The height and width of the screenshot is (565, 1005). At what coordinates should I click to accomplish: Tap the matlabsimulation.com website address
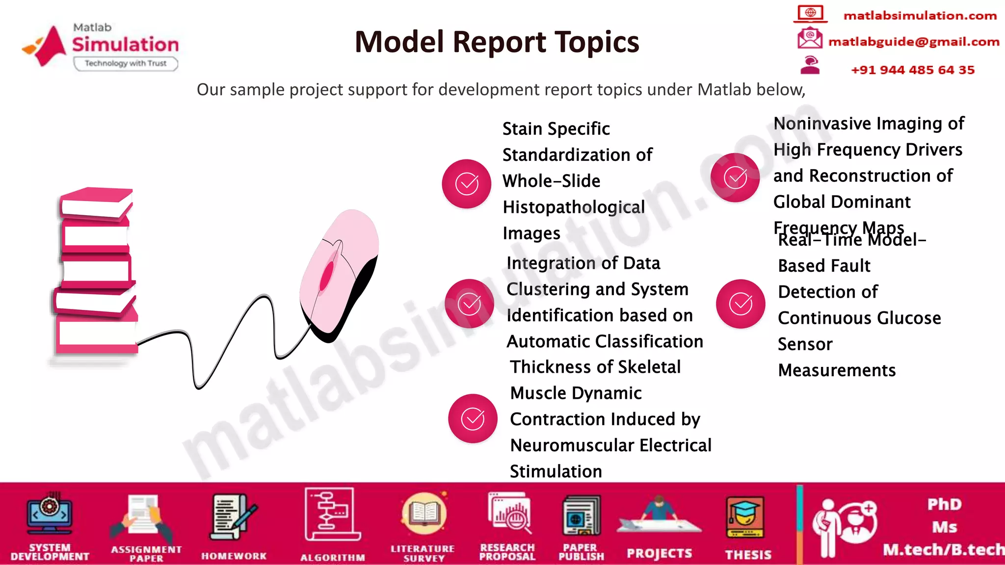[920, 16]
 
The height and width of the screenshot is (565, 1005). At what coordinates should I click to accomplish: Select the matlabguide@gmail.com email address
[913, 42]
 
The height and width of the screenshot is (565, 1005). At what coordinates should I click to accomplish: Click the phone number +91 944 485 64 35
[912, 70]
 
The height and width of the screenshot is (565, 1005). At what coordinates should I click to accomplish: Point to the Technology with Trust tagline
[126, 63]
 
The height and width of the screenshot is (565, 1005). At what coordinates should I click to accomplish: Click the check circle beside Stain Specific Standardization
[466, 184]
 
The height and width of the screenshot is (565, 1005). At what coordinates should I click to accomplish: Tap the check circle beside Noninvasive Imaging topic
[735, 178]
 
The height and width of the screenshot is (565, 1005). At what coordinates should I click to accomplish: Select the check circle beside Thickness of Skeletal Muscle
[472, 418]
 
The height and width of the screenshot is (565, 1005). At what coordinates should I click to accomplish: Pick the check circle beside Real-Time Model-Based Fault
[740, 304]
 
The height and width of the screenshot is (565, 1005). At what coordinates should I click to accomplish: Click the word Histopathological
[574, 207]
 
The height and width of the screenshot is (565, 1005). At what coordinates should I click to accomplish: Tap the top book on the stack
[96, 202]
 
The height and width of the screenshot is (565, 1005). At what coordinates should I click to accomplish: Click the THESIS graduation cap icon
[745, 517]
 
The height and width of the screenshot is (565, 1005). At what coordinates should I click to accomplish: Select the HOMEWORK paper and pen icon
[233, 518]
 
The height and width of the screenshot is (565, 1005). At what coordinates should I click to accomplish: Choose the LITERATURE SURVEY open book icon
[423, 514]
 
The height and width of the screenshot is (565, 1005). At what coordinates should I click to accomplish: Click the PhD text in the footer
[944, 504]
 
